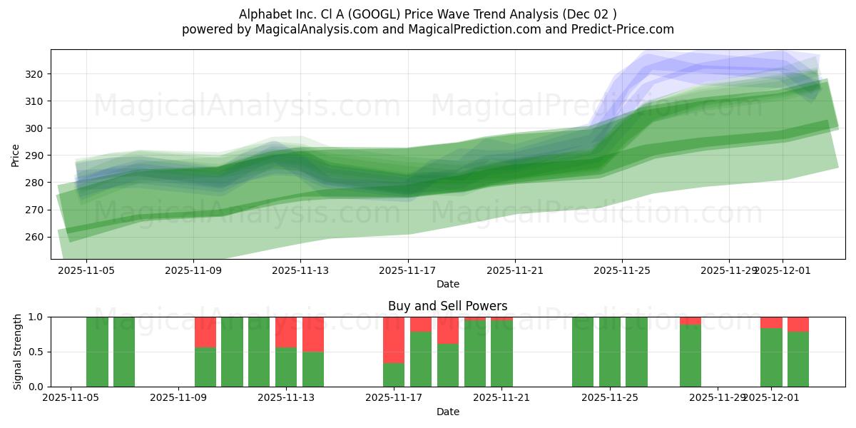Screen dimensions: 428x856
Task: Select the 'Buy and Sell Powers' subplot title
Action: [x=448, y=306]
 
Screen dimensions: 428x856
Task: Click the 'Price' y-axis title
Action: [x=16, y=155]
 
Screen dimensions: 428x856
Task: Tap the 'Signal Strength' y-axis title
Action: [x=18, y=352]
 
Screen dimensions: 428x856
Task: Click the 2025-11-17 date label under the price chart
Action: [x=408, y=270]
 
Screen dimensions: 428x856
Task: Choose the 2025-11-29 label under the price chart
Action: [x=728, y=270]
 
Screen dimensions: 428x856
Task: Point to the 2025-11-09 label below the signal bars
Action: [x=178, y=398]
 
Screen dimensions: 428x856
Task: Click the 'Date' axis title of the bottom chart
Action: [x=448, y=412]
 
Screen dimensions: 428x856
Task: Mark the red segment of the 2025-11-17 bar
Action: [x=394, y=340]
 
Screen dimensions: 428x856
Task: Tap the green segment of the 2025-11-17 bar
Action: [x=394, y=375]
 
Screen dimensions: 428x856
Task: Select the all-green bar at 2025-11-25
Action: [x=610, y=352]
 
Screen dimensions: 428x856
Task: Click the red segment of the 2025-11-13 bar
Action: [x=286, y=332]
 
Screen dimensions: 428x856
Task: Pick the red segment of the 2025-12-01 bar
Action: [x=771, y=322]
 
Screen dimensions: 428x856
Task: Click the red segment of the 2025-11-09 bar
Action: [x=205, y=332]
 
